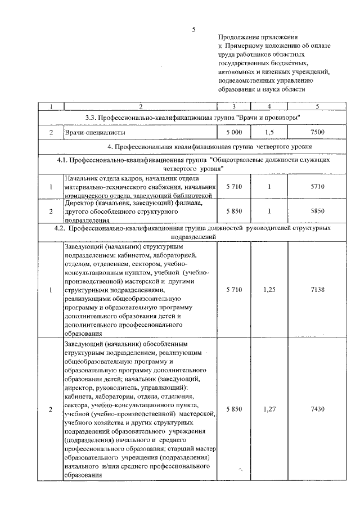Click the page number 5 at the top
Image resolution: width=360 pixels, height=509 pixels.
[x=193, y=29]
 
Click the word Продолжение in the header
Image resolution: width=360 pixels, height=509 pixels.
[x=238, y=36]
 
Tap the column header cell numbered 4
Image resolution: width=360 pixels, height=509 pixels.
[x=269, y=106]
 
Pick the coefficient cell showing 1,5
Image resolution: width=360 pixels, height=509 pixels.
[x=269, y=132]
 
